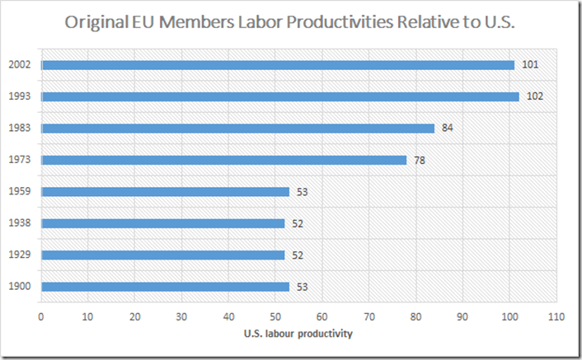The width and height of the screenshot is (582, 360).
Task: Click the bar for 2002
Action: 277,65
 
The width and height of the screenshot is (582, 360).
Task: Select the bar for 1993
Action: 280,96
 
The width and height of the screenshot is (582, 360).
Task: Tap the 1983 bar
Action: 237,128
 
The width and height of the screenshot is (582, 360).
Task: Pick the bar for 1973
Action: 223,160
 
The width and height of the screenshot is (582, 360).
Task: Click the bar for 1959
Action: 165,192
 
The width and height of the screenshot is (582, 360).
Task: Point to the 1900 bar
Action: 165,287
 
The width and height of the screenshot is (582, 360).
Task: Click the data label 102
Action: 534,96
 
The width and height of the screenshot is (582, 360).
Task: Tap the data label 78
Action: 420,160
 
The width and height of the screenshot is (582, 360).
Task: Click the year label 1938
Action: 21,223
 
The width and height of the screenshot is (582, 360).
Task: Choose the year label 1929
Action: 21,255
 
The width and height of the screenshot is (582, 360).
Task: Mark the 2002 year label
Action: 21,65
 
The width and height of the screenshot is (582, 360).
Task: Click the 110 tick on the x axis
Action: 556,316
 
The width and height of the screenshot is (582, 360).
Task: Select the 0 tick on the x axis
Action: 40,316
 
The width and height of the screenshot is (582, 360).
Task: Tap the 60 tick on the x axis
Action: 322,316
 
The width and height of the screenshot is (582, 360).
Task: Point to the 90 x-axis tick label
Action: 462,316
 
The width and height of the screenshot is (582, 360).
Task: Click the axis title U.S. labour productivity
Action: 298,334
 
